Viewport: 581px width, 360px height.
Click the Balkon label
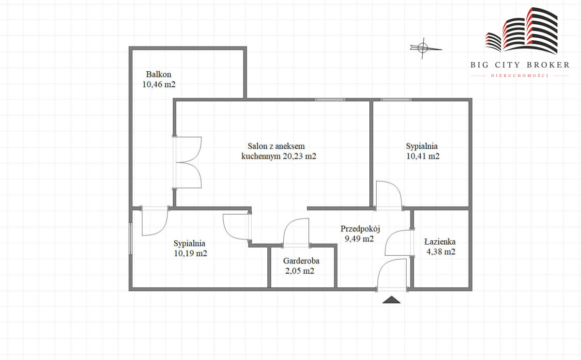coord(158,75)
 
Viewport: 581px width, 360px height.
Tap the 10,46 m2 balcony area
coord(159,84)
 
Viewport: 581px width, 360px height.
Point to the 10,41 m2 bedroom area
coord(423,156)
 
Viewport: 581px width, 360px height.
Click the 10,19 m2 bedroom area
coord(190,253)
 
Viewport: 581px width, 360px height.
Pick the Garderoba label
coord(301,261)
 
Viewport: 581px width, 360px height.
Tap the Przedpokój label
coord(360,229)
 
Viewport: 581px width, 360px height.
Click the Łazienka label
coord(440,242)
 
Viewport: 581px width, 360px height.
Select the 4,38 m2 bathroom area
coord(441,252)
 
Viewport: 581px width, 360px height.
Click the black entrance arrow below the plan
coord(391,300)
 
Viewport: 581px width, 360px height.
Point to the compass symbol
coord(423,48)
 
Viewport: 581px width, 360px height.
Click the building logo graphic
coord(521,31)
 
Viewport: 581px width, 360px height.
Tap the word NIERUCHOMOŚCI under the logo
coord(520,76)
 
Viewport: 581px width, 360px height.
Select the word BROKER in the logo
coord(548,65)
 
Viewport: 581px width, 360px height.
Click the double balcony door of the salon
coord(187,162)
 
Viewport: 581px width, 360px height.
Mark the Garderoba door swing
coord(296,233)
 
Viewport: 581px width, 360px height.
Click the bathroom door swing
coord(398,243)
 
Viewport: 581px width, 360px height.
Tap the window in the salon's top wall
coord(330,100)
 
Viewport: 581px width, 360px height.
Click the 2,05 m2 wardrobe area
coord(300,271)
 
